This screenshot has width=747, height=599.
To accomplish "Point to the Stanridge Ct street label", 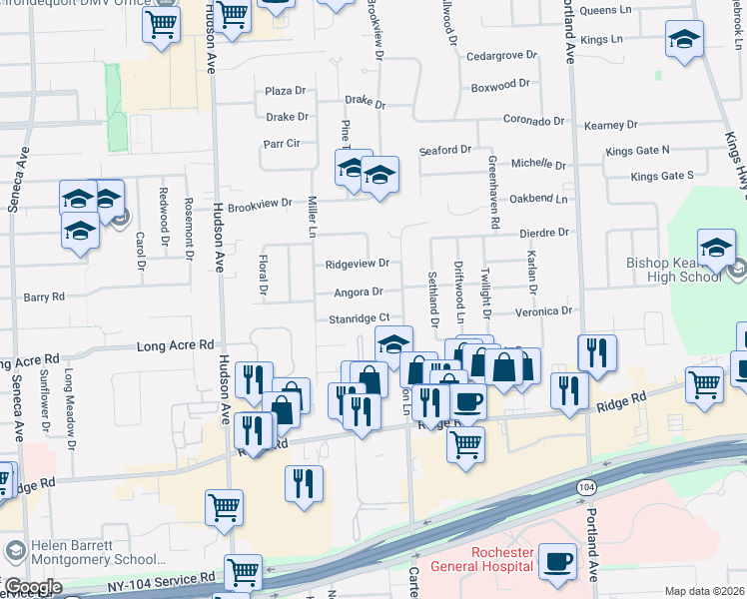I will click(358, 318).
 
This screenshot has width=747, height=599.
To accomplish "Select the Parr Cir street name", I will click(282, 143).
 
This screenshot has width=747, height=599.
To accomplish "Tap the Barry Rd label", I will click(44, 297).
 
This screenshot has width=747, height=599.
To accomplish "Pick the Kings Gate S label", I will click(662, 176).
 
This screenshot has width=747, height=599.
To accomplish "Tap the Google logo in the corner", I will click(32, 586).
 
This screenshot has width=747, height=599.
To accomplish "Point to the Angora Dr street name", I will click(358, 292).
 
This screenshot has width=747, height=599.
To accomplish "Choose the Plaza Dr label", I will click(285, 91).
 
